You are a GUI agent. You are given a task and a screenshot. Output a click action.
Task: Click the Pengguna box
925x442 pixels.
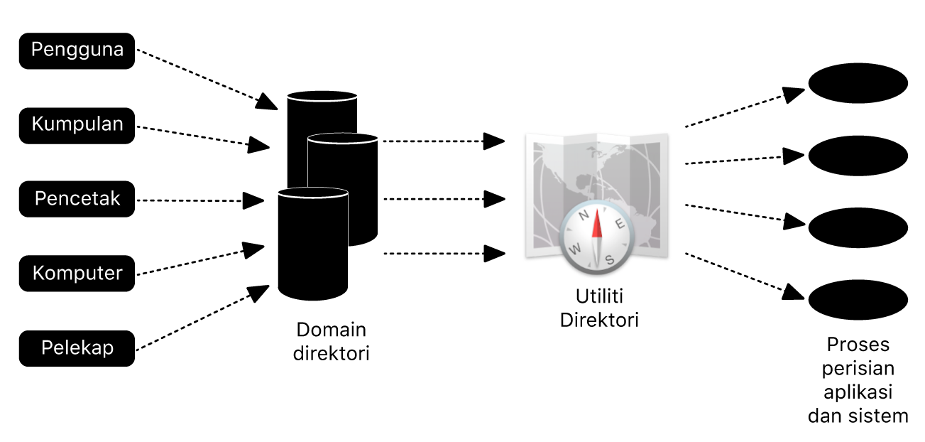77,50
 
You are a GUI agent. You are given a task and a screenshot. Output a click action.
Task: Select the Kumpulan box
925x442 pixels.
77,125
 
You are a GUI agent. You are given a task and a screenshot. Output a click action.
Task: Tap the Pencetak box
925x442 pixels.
77,199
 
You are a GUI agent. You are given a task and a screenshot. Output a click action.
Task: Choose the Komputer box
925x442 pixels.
77,274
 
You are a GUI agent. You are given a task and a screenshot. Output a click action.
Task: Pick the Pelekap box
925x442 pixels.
77,348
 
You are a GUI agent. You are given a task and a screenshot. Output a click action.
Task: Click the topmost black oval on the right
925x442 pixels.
858,82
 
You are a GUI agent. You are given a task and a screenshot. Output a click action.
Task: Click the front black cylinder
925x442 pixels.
313,245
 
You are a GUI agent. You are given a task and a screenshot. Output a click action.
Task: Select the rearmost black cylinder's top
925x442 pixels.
322,97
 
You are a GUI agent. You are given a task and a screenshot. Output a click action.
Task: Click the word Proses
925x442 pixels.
858,345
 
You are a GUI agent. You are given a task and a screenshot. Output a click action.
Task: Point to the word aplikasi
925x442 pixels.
858,392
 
